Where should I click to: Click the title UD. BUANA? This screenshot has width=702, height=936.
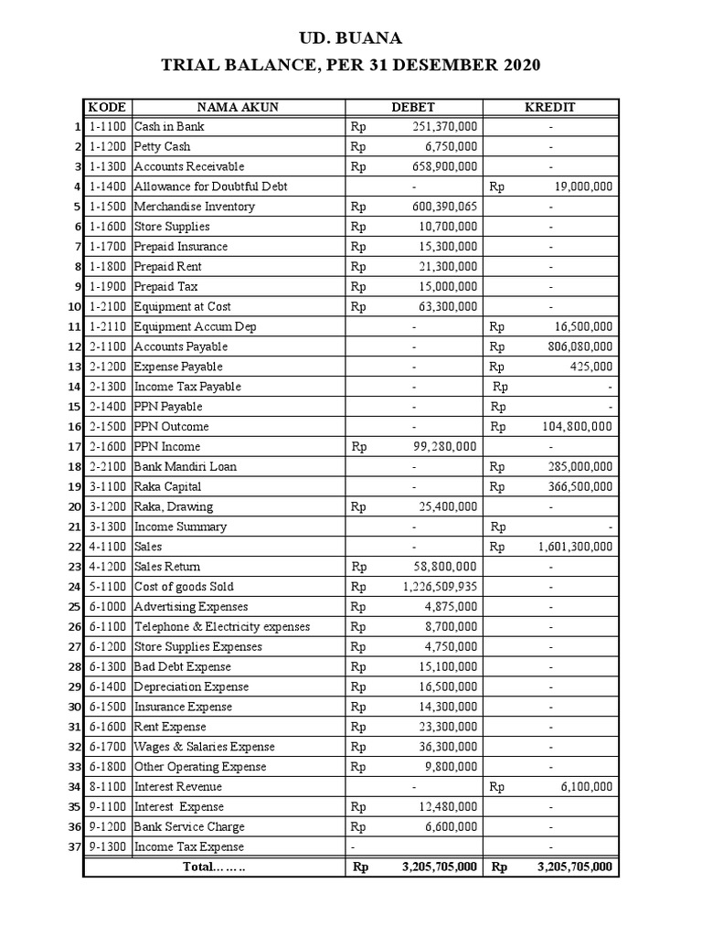tap(351, 38)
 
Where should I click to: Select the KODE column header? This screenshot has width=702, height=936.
tap(107, 107)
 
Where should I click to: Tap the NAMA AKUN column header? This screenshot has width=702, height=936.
tap(238, 107)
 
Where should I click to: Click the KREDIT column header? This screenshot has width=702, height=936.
tap(550, 107)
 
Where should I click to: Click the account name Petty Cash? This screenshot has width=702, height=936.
tap(163, 146)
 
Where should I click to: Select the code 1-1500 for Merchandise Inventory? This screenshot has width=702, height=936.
tap(107, 207)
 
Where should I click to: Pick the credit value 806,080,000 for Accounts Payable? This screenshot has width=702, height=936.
tap(576, 346)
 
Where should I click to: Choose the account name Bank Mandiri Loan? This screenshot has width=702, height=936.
tap(186, 466)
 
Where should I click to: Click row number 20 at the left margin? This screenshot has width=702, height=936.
tap(75, 506)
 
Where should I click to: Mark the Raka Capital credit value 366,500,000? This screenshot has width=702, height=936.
tap(576, 486)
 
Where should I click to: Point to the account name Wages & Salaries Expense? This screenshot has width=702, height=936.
tap(205, 747)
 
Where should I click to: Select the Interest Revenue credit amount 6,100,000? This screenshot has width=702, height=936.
tap(586, 787)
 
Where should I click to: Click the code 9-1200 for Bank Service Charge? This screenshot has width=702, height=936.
tap(107, 827)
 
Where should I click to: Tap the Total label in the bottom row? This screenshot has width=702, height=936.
tap(215, 867)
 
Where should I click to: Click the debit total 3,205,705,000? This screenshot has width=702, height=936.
tap(439, 867)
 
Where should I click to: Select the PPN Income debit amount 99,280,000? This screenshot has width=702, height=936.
tap(443, 446)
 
